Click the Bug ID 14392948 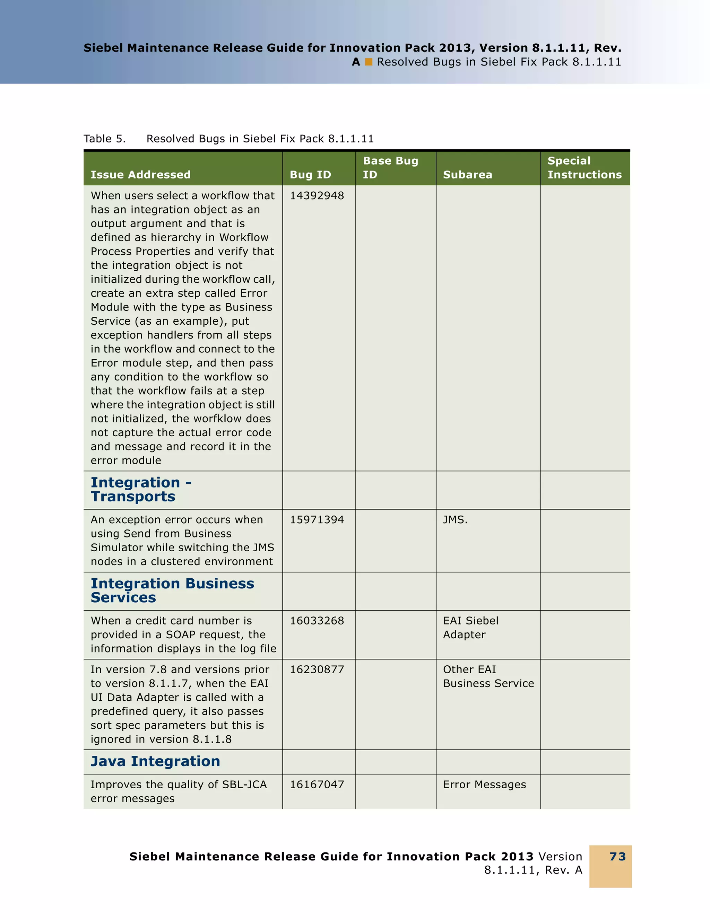[x=317, y=196]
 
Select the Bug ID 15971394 [x=317, y=520]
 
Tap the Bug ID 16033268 [x=317, y=621]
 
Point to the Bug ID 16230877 [x=317, y=670]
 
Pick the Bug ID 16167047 [x=317, y=785]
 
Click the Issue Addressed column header [x=140, y=175]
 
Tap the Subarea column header [x=467, y=175]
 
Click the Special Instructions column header [x=584, y=168]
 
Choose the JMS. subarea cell [x=455, y=520]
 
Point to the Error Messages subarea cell [x=484, y=785]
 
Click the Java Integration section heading [x=155, y=762]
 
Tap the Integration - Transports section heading [x=141, y=490]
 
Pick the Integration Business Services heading [x=172, y=590]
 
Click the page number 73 [x=617, y=857]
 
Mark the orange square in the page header [x=369, y=62]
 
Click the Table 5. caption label [x=104, y=139]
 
